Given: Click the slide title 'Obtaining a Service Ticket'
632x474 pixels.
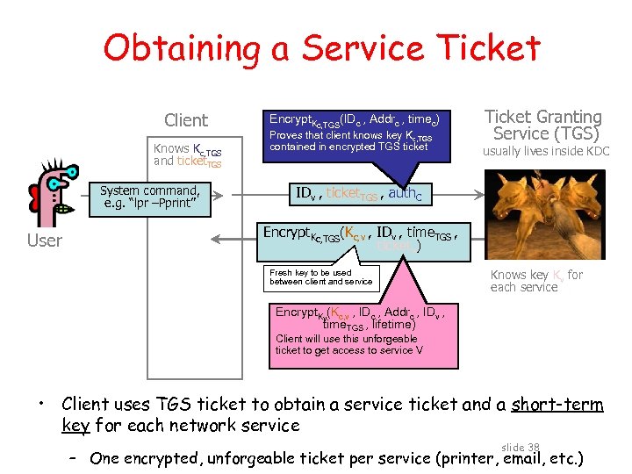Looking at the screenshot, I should pos(321,48).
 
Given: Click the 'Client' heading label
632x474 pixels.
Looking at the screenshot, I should pos(186,120).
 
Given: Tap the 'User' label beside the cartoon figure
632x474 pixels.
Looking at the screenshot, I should pos(45,241).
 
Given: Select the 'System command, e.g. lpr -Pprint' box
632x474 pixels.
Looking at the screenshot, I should pos(149,197).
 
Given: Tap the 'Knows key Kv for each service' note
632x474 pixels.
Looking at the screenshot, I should pos(536,281).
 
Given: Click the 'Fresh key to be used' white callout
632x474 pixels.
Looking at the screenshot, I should pos(321,277).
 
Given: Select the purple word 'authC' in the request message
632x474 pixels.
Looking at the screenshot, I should pos(405,194).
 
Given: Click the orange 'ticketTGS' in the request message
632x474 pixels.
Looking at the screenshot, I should pos(355,194).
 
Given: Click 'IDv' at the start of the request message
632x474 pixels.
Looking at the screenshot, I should pos(305,194).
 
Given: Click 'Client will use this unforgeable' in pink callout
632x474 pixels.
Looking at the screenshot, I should pos(346,339).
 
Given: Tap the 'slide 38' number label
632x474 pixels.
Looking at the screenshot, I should pos(521,447).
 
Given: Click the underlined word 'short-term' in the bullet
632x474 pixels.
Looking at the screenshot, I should pos(557,405).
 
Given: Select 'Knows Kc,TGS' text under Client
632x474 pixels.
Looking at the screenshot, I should pos(187,149).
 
